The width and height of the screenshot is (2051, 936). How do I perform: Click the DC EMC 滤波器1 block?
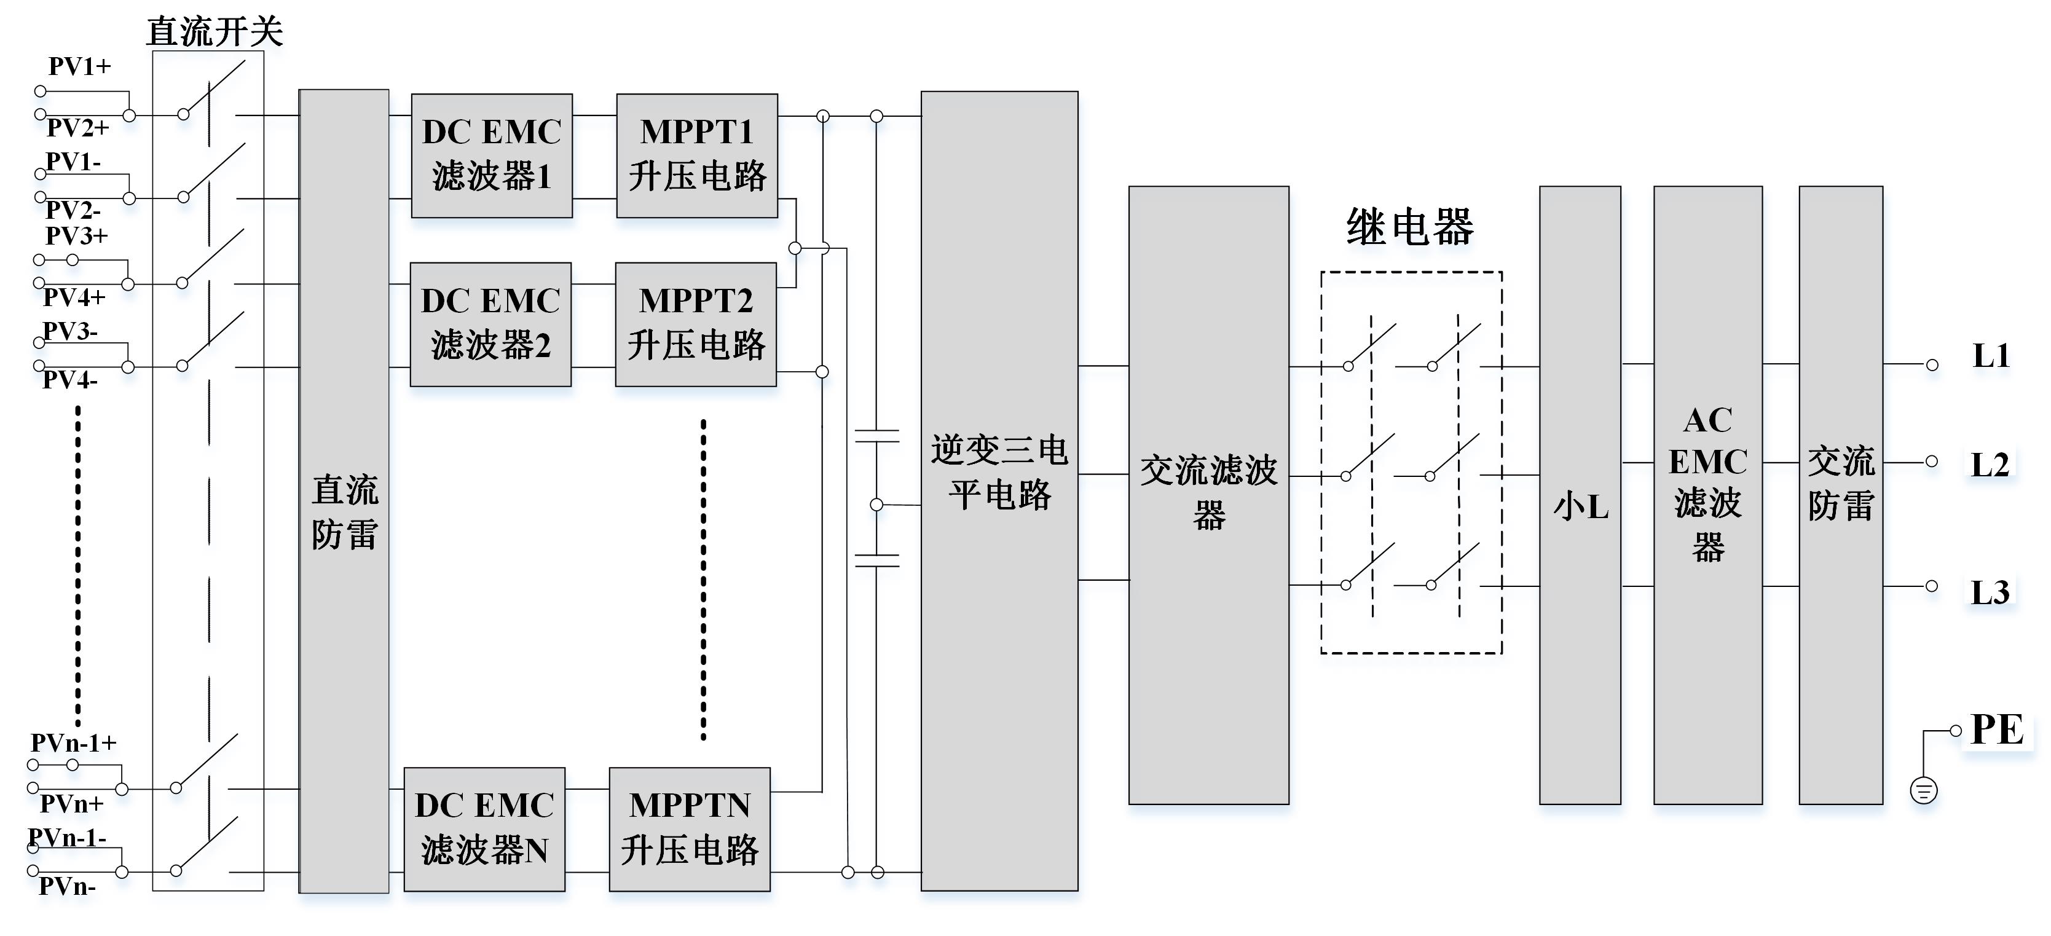pos(491,155)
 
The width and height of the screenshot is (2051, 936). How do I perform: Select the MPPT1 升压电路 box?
pos(696,155)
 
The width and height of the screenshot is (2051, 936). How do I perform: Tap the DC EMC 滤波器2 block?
pos(490,324)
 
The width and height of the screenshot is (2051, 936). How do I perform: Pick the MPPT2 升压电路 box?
pos(695,324)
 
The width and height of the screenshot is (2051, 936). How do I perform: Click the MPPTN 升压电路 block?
pos(690,828)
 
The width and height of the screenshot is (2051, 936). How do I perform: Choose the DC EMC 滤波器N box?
pos(484,828)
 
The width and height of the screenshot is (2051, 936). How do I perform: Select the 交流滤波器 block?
pos(1208,494)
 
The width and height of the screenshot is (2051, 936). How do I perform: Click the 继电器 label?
pos(1410,227)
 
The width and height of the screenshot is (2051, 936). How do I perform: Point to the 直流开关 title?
pos(215,32)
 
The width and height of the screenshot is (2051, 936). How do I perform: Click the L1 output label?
pos(1991,356)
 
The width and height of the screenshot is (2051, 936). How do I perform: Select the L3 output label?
pos(1990,592)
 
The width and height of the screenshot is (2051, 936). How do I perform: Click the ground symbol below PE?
pos(1924,790)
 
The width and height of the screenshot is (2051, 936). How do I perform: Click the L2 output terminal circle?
pos(1932,462)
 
